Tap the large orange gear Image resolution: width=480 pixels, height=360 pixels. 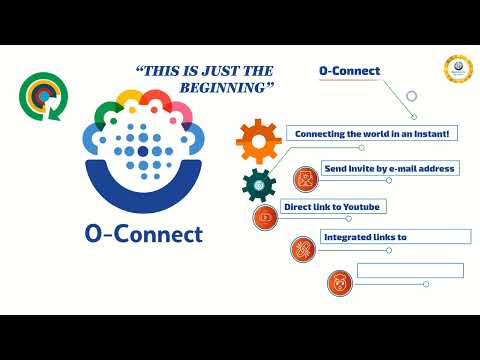(x=259, y=141)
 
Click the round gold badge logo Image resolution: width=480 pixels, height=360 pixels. (x=458, y=70)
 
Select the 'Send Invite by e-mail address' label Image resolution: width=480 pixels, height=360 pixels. (x=389, y=168)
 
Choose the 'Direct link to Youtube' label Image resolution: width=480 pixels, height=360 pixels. (x=334, y=207)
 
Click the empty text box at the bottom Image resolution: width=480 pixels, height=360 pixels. (x=410, y=270)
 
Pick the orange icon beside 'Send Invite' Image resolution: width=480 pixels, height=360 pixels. (x=304, y=180)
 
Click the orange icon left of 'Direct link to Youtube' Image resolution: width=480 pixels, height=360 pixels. (x=265, y=217)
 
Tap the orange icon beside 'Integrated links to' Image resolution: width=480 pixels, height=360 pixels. (x=303, y=249)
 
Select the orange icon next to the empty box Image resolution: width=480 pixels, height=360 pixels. (x=340, y=283)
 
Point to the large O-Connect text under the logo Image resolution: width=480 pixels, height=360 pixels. (x=144, y=235)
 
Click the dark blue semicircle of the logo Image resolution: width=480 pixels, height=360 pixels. (x=143, y=190)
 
